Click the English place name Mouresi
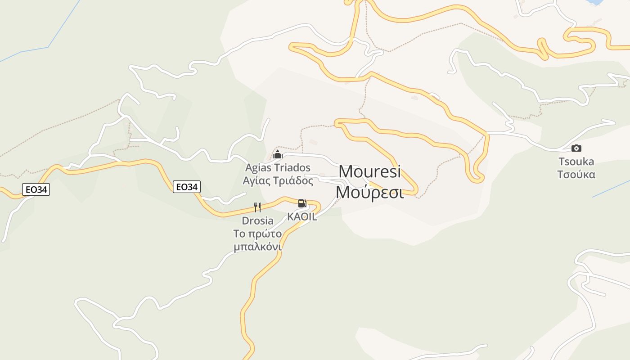point(369,171)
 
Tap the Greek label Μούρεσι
point(369,192)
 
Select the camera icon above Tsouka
point(576,148)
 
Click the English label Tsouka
point(576,162)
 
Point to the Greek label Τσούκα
point(576,175)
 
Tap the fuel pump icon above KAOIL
point(302,203)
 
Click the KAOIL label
point(302,216)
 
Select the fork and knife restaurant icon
point(257,207)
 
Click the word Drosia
point(257,221)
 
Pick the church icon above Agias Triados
point(277,155)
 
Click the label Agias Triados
point(278,168)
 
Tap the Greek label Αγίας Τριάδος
point(278,181)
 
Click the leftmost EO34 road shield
point(36,189)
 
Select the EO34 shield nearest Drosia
point(186,186)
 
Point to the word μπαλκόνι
point(257,247)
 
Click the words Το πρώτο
point(257,234)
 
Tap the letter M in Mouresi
point(346,171)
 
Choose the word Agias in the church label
point(257,168)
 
